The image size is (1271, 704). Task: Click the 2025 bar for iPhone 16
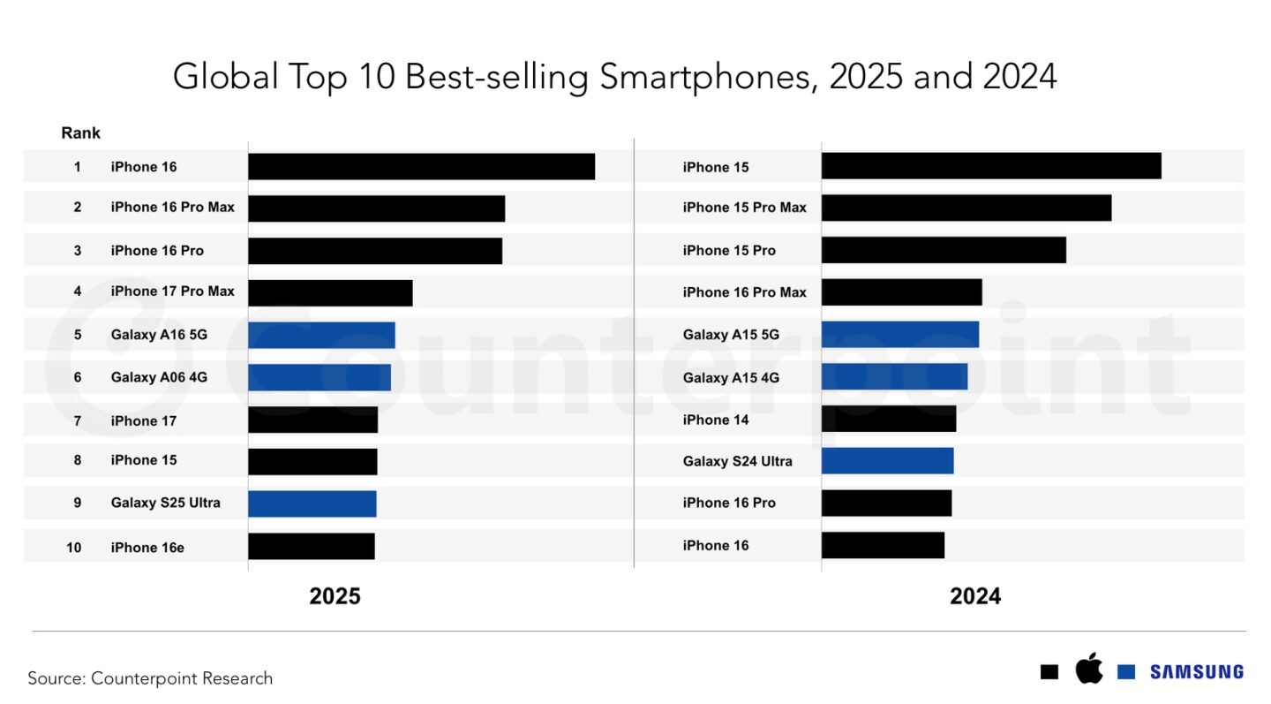pyautogui.click(x=421, y=166)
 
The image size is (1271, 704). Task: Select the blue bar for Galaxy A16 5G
pyautogui.click(x=321, y=335)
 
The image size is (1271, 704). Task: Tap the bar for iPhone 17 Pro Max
pyautogui.click(x=330, y=292)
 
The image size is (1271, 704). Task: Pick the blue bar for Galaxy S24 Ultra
pyautogui.click(x=887, y=461)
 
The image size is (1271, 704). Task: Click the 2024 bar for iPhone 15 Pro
pyautogui.click(x=944, y=250)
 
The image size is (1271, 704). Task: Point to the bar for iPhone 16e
pyautogui.click(x=311, y=546)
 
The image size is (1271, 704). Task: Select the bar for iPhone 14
pyautogui.click(x=888, y=419)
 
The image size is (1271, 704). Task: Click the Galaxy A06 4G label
pyautogui.click(x=159, y=377)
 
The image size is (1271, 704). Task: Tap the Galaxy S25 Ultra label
pyautogui.click(x=165, y=503)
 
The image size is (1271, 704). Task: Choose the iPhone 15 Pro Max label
pyautogui.click(x=744, y=208)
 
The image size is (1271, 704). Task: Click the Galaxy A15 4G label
pyautogui.click(x=731, y=377)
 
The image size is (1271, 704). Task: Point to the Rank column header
pyautogui.click(x=80, y=133)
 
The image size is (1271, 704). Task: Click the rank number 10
pyautogui.click(x=74, y=548)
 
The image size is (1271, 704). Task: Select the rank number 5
pyautogui.click(x=78, y=335)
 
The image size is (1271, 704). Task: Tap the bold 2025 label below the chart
pyautogui.click(x=335, y=596)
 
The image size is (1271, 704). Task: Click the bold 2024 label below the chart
pyautogui.click(x=975, y=596)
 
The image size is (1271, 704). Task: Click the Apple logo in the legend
pyautogui.click(x=1089, y=669)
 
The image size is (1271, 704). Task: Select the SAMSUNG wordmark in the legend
pyautogui.click(x=1196, y=672)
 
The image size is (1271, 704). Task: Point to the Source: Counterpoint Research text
pyautogui.click(x=150, y=678)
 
